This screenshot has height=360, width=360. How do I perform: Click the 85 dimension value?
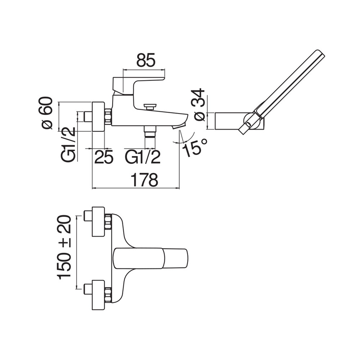(x=146, y=60)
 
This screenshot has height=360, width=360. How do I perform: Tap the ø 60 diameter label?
(x=46, y=113)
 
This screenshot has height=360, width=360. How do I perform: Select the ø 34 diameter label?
(x=199, y=105)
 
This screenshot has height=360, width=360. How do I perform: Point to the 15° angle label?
(x=195, y=147)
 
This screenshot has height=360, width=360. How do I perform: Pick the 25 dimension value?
(x=104, y=157)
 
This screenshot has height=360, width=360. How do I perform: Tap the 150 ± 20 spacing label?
(x=64, y=247)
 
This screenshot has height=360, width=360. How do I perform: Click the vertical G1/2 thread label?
(x=68, y=145)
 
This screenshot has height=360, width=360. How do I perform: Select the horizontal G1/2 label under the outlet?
(x=142, y=157)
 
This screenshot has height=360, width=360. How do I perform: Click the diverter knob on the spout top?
(x=150, y=107)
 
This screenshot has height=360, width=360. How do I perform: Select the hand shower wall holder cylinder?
(x=239, y=121)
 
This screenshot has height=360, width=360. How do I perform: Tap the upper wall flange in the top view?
(x=98, y=222)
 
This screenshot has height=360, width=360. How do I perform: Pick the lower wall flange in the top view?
(x=98, y=295)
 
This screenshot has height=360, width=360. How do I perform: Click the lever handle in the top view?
(x=151, y=258)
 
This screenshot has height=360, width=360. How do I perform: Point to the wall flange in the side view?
(x=98, y=116)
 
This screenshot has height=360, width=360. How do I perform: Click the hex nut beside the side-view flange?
(x=108, y=116)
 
